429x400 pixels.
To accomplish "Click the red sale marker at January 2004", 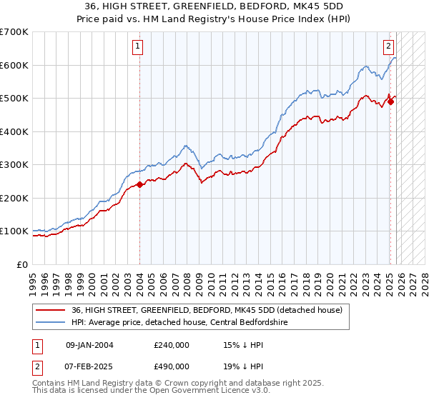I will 139,185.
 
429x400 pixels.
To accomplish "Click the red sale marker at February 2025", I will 391,101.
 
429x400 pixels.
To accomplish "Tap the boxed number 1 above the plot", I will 137,47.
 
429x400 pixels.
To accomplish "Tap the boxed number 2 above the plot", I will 388,47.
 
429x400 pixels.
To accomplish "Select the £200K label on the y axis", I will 14,198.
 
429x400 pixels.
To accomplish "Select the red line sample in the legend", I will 51,309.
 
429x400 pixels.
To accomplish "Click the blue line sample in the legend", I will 51,321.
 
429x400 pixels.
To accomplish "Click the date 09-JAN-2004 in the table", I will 89,344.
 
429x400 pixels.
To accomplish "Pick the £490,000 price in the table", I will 172,366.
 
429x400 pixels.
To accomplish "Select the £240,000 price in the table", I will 172,344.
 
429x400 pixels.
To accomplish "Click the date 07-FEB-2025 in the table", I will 89,366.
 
